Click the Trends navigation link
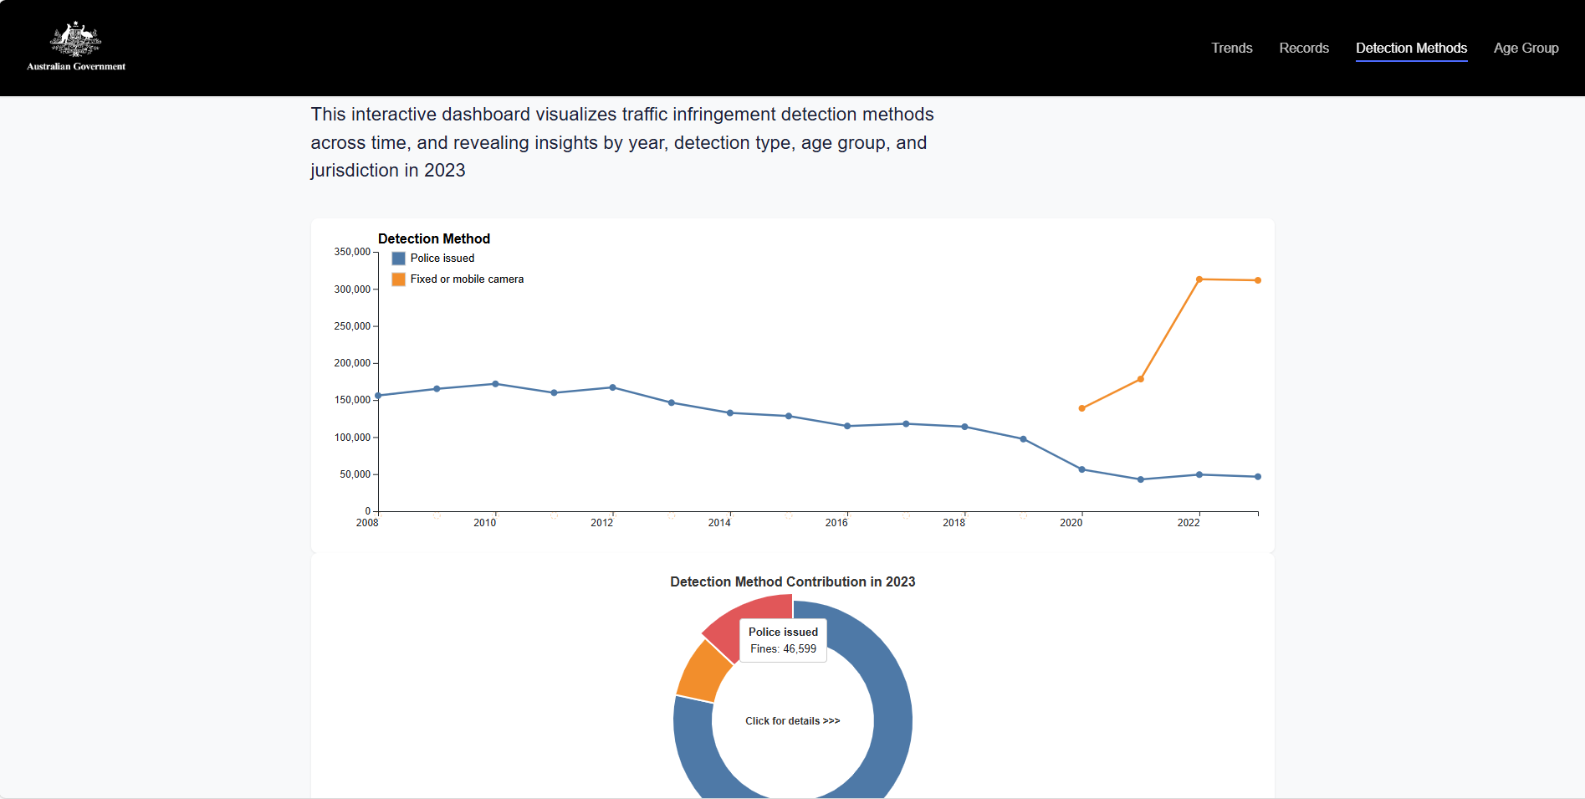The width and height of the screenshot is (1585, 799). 1231,49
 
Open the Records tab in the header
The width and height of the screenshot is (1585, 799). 1303,49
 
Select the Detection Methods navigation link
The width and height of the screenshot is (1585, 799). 1411,49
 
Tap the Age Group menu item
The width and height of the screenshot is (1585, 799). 1526,49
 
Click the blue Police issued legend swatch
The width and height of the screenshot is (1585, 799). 398,259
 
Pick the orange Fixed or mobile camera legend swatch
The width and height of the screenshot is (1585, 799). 398,279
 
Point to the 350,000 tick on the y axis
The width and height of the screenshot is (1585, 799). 352,252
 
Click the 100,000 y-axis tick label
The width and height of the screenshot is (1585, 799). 352,438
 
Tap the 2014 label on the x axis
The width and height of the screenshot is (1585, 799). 719,523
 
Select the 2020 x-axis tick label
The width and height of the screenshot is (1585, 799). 1071,523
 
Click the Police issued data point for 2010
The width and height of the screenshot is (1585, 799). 495,384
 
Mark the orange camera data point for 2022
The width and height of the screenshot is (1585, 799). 1199,279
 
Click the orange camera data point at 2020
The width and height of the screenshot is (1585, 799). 1081,408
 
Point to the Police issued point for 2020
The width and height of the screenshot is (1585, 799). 1081,469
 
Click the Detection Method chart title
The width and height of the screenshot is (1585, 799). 433,239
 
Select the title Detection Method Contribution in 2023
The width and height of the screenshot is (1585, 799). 792,581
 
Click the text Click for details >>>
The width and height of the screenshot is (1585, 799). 792,721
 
